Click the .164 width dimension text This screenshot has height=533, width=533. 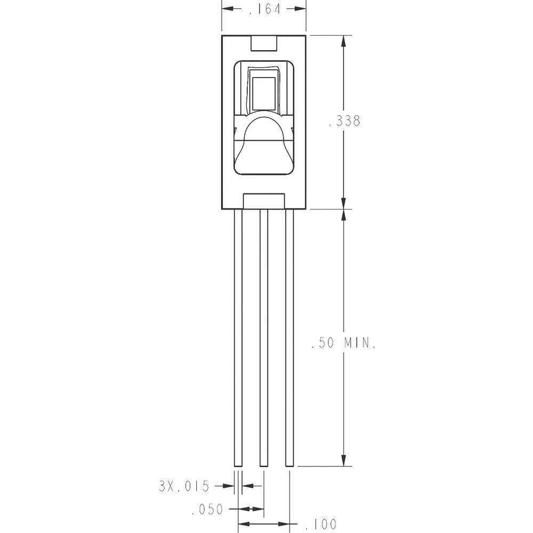[264, 9]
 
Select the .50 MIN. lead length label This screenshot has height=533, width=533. [344, 343]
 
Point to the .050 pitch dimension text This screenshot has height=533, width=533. [207, 510]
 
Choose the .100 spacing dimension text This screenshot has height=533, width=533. [321, 524]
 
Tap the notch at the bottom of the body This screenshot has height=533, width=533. [264, 201]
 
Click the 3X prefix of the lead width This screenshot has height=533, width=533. [166, 486]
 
